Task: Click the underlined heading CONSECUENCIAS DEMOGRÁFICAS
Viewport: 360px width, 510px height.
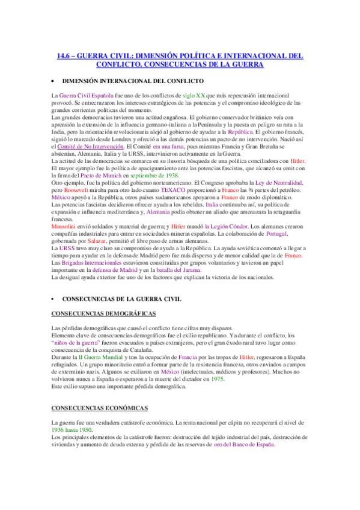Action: coord(103,314)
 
